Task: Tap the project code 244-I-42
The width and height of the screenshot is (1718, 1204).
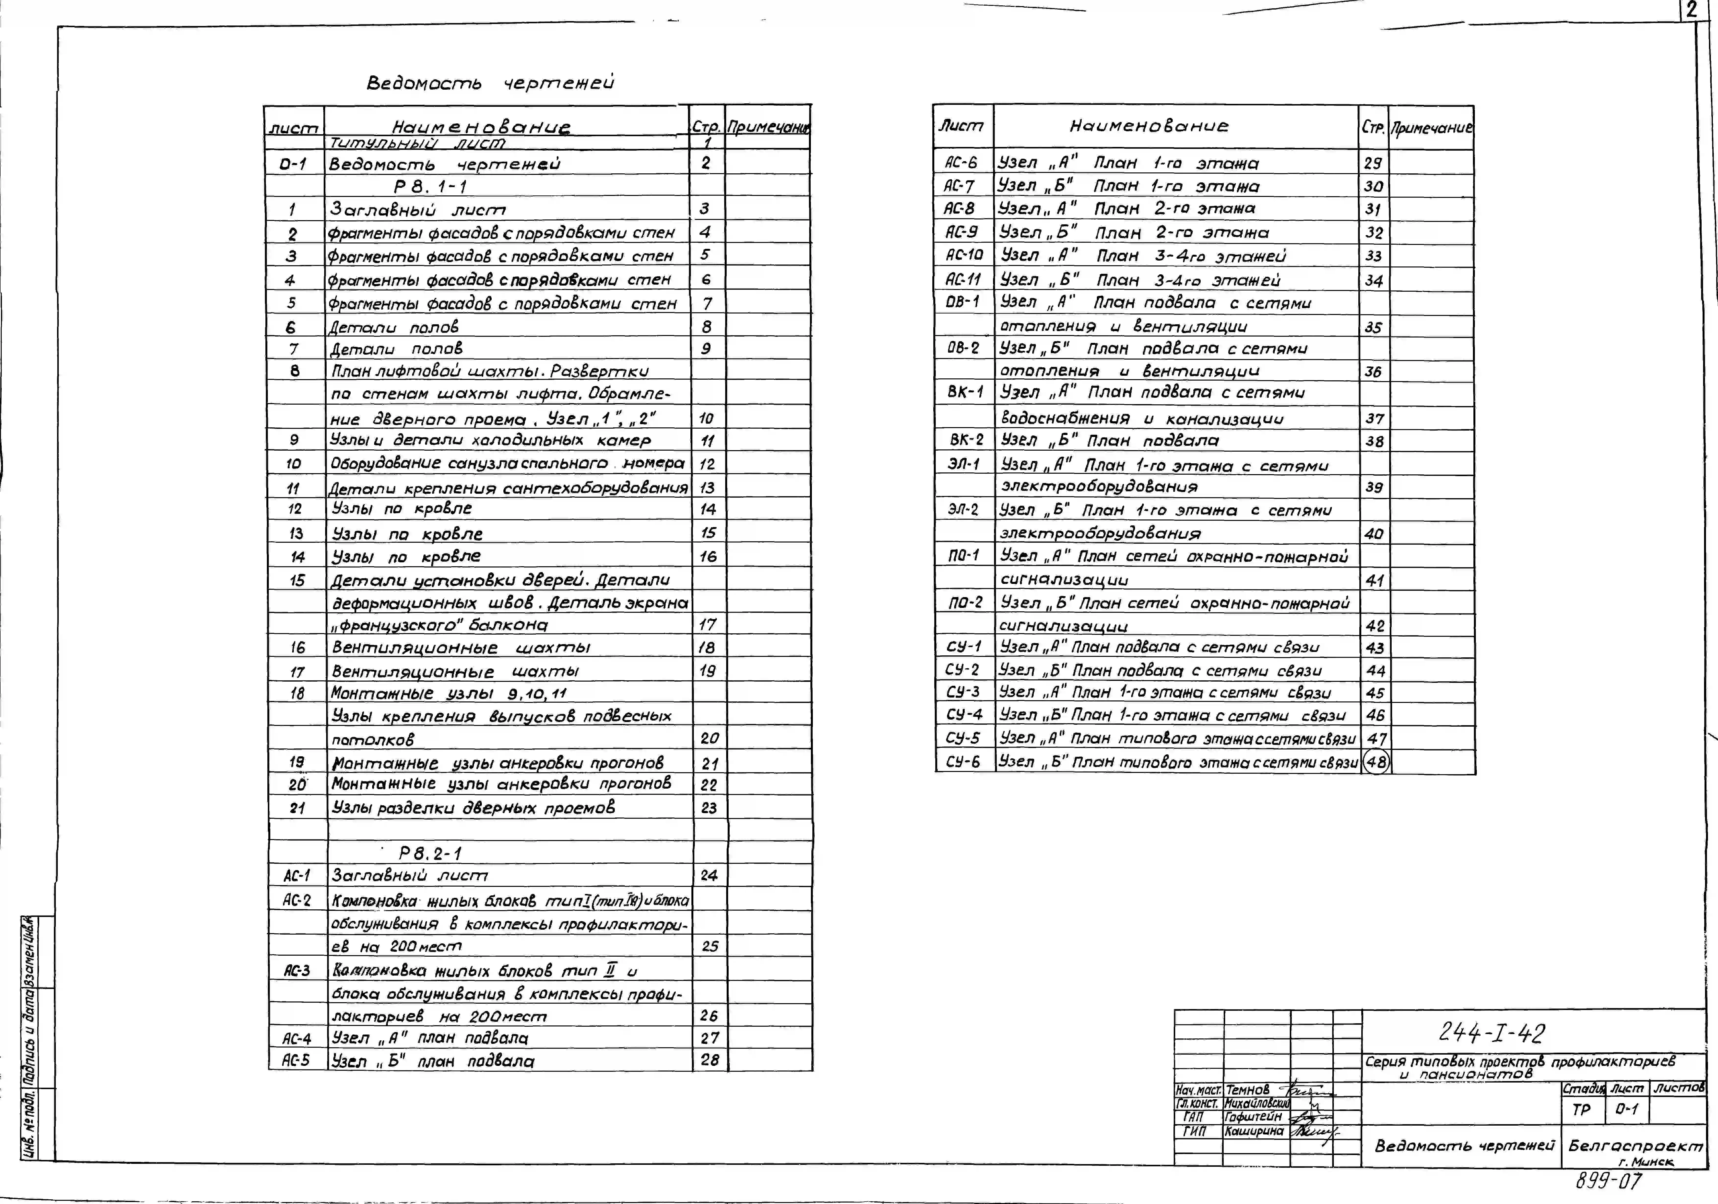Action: [x=1491, y=1033]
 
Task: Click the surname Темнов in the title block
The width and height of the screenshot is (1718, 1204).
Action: [x=1247, y=1090]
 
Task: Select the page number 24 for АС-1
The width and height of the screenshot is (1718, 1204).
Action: [x=709, y=875]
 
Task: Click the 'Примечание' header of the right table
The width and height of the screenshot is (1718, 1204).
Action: [x=1431, y=127]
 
